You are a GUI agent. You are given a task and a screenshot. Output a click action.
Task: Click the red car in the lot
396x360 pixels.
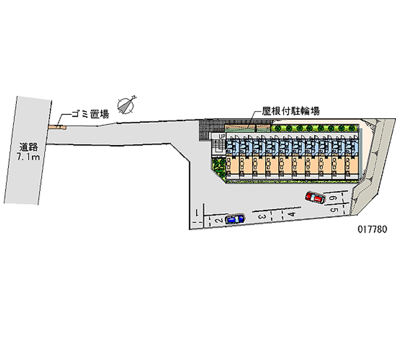click(x=314, y=198)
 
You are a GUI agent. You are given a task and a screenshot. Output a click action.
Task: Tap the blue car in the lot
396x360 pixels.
click(x=234, y=219)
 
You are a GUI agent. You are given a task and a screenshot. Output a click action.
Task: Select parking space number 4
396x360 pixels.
click(x=292, y=214)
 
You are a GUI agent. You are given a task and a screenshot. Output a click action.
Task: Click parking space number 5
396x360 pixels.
click(x=335, y=209)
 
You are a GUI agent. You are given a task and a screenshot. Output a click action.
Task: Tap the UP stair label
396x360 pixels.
click(x=222, y=136)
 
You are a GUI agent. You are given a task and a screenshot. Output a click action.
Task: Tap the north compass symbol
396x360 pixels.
click(x=126, y=104)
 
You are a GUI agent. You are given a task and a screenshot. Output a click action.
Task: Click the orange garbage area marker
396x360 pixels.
click(x=56, y=127)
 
